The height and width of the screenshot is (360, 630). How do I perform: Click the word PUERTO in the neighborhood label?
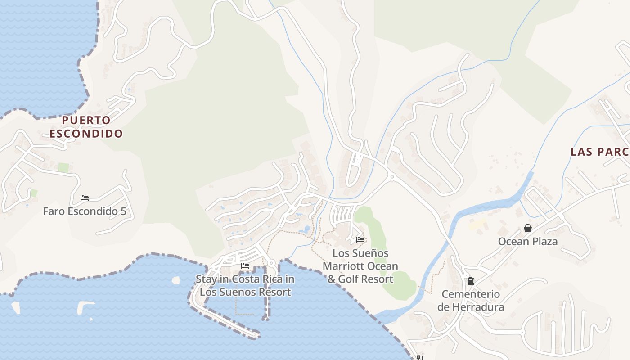click(x=86, y=120)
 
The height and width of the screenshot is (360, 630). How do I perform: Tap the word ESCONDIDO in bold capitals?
click(x=86, y=134)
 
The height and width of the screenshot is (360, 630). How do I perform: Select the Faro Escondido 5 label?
click(x=85, y=211)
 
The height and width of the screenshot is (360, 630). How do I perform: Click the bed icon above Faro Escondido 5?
click(x=85, y=198)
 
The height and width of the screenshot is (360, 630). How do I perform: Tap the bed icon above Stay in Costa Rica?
click(x=245, y=266)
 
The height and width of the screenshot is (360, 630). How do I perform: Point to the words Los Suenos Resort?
click(x=245, y=292)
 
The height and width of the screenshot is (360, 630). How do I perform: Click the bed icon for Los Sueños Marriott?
click(x=360, y=240)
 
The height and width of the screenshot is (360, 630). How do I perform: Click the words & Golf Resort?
click(x=360, y=279)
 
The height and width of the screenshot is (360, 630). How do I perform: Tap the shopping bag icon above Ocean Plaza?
click(x=528, y=229)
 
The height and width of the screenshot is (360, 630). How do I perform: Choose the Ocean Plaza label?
click(x=528, y=242)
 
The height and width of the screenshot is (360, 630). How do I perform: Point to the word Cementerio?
click(x=471, y=294)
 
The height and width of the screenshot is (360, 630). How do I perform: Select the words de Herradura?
click(x=471, y=308)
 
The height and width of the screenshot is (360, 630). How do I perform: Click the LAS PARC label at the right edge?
click(x=600, y=152)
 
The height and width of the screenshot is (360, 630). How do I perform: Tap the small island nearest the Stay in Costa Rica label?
click(x=176, y=280)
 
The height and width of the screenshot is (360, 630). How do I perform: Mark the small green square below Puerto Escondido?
click(x=63, y=168)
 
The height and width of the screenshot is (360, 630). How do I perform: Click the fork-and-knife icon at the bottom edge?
click(x=419, y=358)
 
